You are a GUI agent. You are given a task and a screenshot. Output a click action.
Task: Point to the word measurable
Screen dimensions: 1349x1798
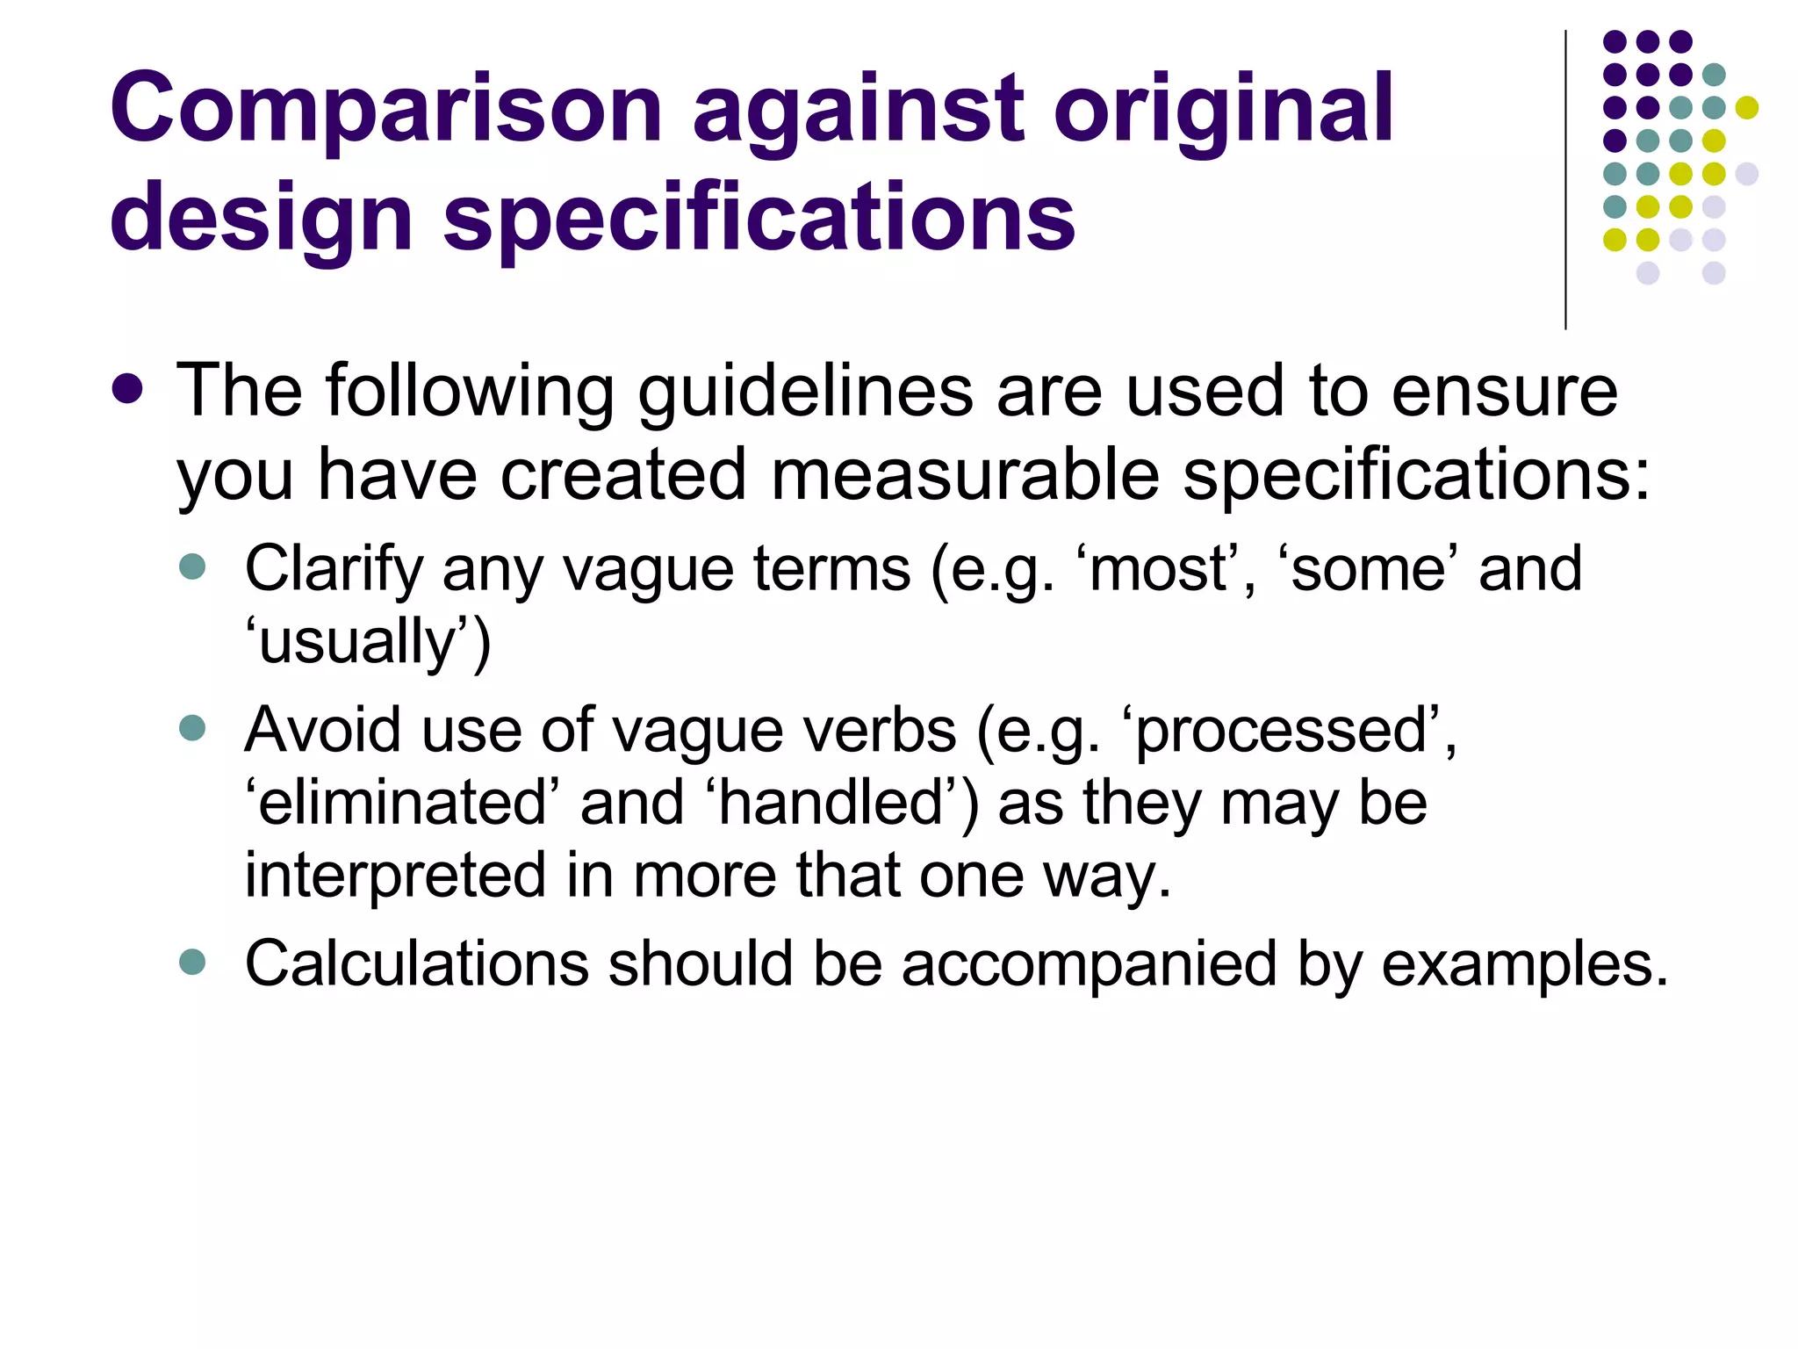pos(966,475)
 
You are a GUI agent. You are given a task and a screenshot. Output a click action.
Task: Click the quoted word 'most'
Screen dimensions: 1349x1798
pos(1160,569)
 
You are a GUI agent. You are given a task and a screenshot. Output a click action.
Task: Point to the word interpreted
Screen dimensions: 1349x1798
pos(395,876)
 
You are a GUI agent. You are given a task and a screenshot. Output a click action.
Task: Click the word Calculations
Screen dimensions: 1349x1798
pos(416,964)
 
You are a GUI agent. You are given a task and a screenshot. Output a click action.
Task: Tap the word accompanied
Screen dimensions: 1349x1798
pos(1089,964)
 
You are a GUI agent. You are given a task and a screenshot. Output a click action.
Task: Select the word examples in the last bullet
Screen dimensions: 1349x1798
pos(1523,964)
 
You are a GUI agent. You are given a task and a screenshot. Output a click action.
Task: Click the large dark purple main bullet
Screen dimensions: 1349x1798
pos(128,389)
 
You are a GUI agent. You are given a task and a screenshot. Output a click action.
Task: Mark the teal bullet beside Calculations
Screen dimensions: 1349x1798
pos(191,962)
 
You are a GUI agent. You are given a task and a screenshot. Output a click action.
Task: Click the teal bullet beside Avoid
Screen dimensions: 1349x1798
pos(191,728)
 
